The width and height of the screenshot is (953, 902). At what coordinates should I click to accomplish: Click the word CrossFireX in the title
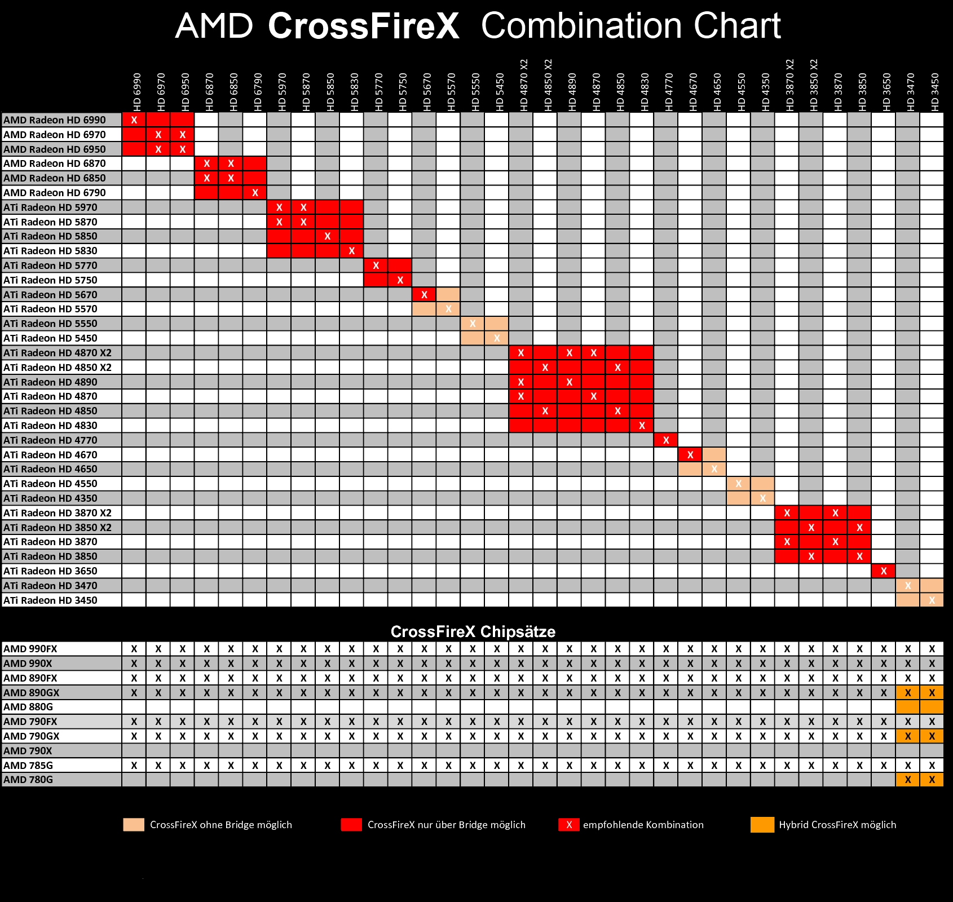tap(364, 26)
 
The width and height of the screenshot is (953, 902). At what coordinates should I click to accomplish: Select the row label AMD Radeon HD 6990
tap(55, 120)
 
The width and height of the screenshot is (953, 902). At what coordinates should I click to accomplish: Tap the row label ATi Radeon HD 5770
tap(50, 266)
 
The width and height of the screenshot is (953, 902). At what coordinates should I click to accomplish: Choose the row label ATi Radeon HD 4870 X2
tap(58, 353)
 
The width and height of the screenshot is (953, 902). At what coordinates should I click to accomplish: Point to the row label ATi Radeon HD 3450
tap(50, 600)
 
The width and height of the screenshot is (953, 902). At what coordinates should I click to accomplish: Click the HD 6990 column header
tap(137, 92)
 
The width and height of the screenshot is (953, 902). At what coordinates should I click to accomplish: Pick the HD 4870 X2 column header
tap(524, 85)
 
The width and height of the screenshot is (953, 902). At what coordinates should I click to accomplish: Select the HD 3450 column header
tap(935, 92)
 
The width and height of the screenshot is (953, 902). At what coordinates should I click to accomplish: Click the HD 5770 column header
tap(379, 92)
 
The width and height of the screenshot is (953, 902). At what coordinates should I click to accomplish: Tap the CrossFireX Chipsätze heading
tap(473, 631)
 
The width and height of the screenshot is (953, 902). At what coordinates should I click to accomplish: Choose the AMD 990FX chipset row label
tap(30, 649)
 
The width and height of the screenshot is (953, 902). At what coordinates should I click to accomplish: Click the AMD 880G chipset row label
tap(28, 707)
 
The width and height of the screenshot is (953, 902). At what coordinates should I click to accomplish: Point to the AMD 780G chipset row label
tap(28, 780)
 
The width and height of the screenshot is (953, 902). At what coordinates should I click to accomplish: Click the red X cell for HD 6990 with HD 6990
tap(134, 120)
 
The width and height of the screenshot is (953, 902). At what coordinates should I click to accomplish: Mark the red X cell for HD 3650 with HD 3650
tap(884, 571)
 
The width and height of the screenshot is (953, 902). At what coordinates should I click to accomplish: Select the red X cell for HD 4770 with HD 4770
tap(666, 440)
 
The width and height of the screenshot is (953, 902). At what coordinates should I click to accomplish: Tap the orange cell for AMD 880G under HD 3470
tap(908, 707)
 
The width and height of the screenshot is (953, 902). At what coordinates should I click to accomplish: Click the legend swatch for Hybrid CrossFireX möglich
tap(762, 825)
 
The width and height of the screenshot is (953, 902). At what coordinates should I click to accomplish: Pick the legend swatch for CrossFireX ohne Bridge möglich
tap(134, 825)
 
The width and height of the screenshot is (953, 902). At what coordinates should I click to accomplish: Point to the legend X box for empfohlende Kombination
tap(569, 825)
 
